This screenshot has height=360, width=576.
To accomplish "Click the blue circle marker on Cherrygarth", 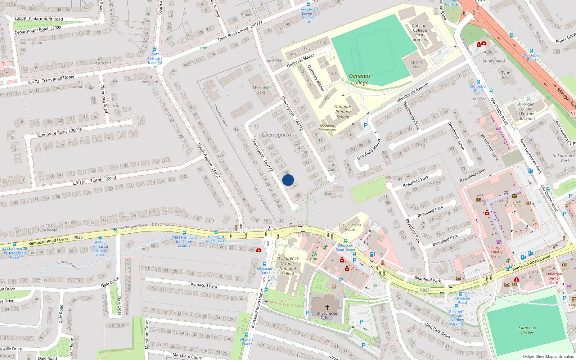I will coord(288,180).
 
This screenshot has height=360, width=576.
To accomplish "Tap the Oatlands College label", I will coord(360,79).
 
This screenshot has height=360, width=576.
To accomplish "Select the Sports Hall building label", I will coord(417,64).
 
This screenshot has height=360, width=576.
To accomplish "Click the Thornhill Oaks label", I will coord(261,90).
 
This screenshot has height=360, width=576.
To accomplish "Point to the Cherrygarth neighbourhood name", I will coord(276,135).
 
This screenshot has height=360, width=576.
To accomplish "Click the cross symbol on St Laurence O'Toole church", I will coord(327,307).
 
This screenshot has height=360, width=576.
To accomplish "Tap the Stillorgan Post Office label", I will coord(514,203).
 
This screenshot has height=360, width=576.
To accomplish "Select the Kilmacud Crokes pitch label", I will coord(527,330).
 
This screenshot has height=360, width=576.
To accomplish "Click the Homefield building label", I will coord(334,194).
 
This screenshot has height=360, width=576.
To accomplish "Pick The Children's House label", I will coord(350,227).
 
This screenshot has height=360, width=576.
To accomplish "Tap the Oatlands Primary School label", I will coord(343,112).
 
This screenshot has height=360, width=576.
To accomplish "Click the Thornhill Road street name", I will coord(102,179).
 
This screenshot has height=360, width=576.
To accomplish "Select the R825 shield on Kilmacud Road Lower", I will coord(78,237).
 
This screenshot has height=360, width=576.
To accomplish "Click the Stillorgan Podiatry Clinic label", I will coord(496,252).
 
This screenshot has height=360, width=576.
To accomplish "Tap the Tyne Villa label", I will coord(506,75).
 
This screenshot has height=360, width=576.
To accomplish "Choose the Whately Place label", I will coord(247,341).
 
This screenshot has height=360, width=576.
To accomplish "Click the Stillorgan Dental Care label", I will coord(554,278).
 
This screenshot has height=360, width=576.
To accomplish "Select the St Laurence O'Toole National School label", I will coord(288,266).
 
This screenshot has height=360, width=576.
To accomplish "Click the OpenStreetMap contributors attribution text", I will coord(548,356).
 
